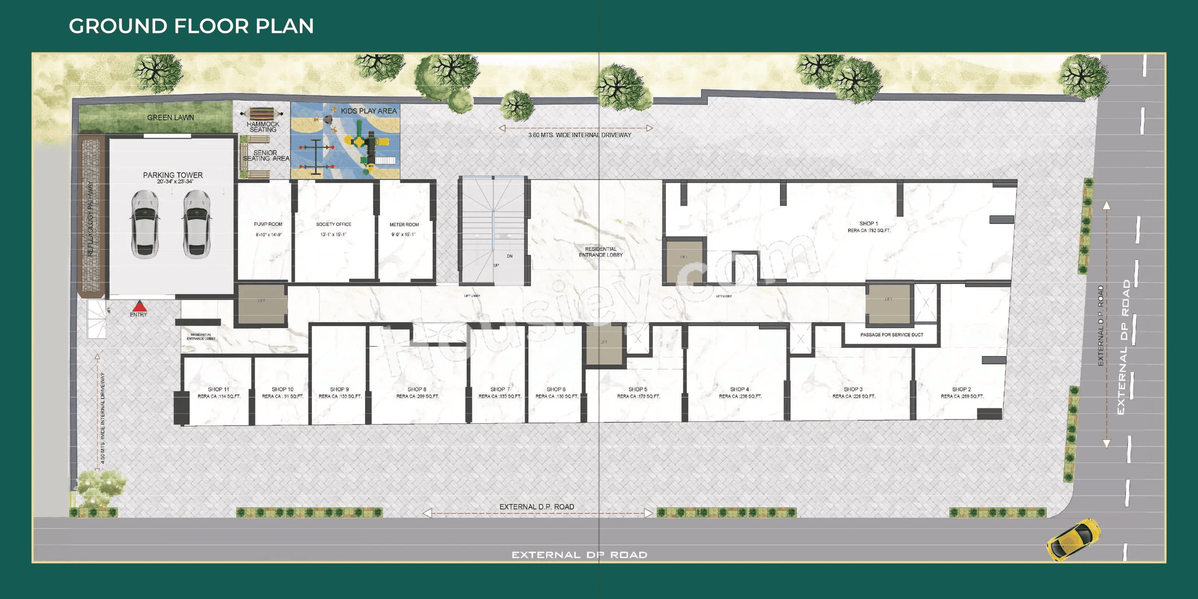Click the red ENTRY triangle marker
(139, 306)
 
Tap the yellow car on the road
(1073, 539)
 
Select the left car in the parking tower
(145, 224)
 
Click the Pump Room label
(268, 224)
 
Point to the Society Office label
(334, 224)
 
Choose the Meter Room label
(404, 225)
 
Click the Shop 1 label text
(868, 224)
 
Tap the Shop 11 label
(218, 389)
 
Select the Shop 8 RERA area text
(417, 397)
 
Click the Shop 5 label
(638, 389)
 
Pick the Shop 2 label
(961, 389)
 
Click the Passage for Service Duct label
(891, 335)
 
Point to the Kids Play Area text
(368, 111)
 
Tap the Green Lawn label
(170, 118)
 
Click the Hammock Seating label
(263, 127)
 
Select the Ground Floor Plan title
(191, 26)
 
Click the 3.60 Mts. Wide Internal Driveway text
(579, 135)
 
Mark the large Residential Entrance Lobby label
(601, 252)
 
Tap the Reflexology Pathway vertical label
(90, 218)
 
